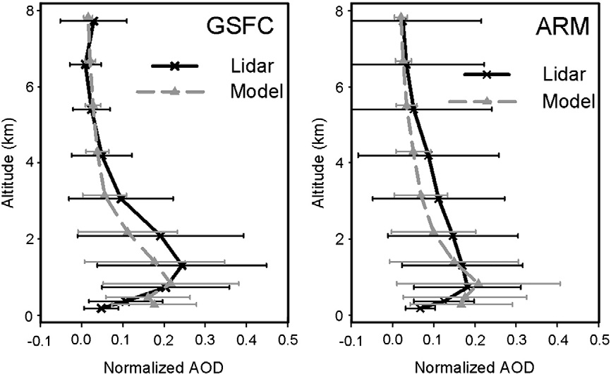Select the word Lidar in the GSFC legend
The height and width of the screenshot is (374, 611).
coord(248,66)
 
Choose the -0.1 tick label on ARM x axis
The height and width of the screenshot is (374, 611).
coord(349,337)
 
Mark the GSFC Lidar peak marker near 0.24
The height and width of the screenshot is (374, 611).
coord(182,265)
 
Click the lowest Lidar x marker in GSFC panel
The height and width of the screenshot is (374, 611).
coord(102,308)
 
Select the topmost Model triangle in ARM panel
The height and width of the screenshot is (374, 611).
coord(401,17)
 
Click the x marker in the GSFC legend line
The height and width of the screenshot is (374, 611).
coord(176,66)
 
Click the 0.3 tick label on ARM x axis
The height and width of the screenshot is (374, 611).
coord(516,337)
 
